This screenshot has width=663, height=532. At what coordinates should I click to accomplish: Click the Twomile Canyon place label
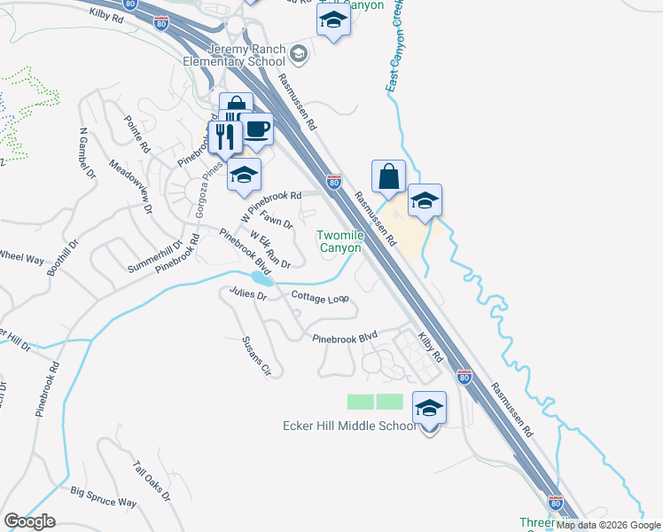coord(340,241)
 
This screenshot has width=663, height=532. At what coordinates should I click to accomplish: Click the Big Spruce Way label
coord(104,497)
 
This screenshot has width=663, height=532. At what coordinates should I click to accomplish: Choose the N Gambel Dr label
coord(86,154)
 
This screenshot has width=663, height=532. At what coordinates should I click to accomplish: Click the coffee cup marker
coord(257,129)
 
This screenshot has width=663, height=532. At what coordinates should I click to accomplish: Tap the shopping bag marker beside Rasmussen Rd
coord(389,176)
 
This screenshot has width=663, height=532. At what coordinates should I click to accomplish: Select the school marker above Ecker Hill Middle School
coord(429,409)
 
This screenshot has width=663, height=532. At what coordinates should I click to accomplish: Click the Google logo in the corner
coord(29,521)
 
